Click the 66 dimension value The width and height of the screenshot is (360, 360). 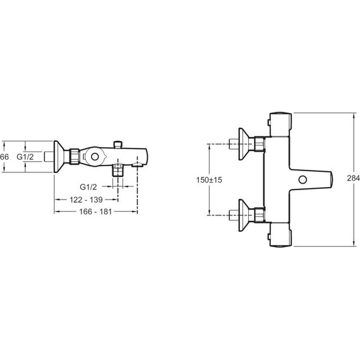click(x=4, y=157)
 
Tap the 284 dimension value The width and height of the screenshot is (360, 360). click(x=353, y=178)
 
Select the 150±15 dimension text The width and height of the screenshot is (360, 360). click(x=209, y=180)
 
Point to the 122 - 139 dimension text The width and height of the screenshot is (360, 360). click(x=86, y=200)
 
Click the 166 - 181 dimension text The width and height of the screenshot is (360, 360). click(x=95, y=212)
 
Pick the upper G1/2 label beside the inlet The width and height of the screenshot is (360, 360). click(x=25, y=157)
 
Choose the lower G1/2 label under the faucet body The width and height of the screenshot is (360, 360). click(x=88, y=187)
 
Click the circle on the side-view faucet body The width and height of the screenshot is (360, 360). click(x=95, y=157)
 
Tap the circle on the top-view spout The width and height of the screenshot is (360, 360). click(x=303, y=179)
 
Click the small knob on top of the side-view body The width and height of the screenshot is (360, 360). click(x=118, y=145)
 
